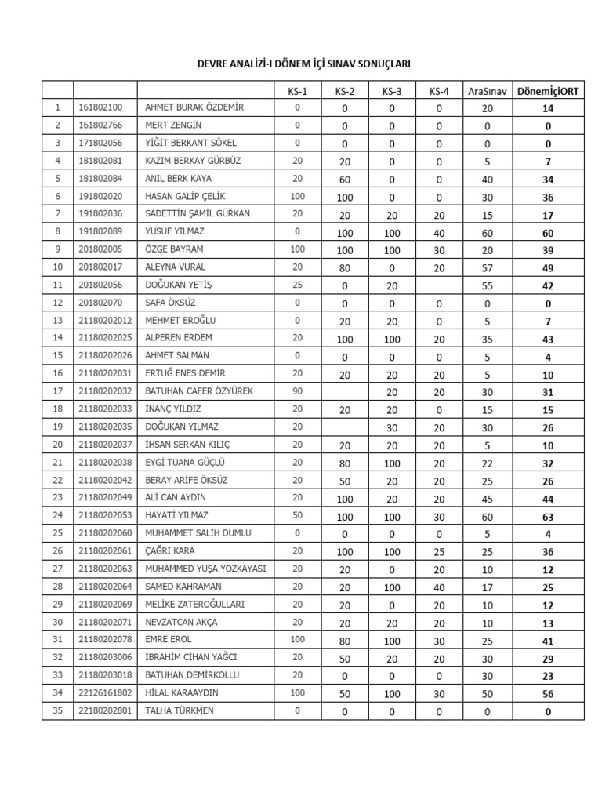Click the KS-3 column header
[x=392, y=91]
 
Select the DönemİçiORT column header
[x=548, y=91]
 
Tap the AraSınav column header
[x=487, y=91]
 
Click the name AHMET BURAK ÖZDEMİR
[x=194, y=107]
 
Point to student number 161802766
[x=100, y=125]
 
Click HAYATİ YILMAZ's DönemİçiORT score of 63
[x=548, y=516]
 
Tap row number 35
[x=57, y=711]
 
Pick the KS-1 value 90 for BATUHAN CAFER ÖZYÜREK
[x=298, y=391]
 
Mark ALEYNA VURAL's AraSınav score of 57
[x=487, y=268]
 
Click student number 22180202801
[x=106, y=711]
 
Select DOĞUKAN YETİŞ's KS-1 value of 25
[x=298, y=285]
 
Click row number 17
[x=57, y=391]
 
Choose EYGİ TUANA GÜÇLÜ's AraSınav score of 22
[x=487, y=463]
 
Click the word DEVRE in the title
[x=215, y=64]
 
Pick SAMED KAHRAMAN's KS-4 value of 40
[x=439, y=587]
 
